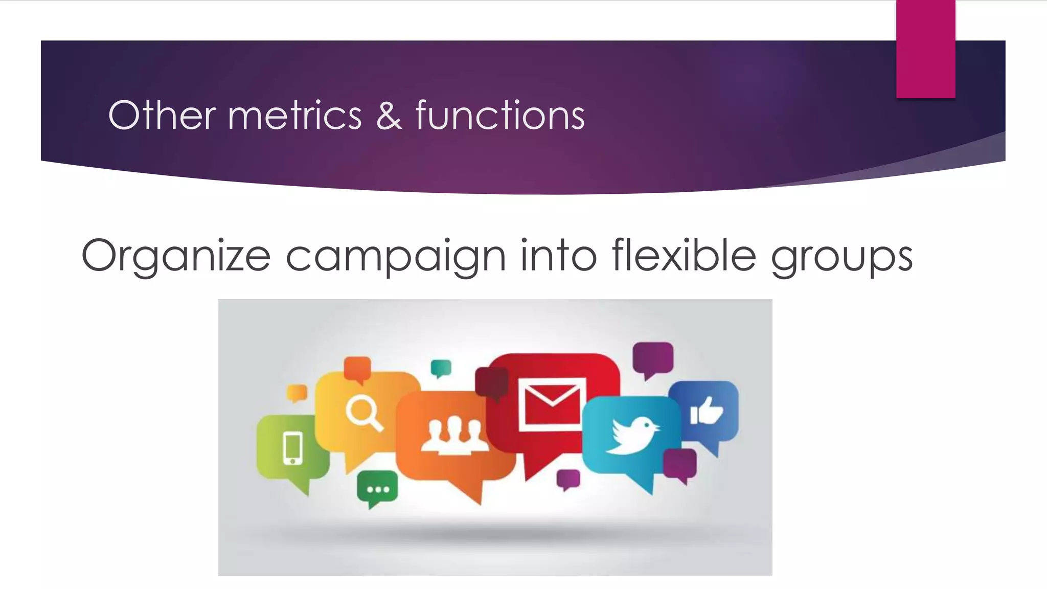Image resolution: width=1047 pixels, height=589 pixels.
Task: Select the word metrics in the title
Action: tap(294, 116)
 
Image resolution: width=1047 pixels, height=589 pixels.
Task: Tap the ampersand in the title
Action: tap(389, 116)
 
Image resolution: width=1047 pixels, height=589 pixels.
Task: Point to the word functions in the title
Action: tap(499, 116)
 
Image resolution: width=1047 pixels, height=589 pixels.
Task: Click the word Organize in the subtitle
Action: tap(175, 256)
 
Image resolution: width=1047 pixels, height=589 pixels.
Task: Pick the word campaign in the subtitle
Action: tap(395, 256)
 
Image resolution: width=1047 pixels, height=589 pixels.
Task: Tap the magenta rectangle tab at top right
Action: tap(925, 49)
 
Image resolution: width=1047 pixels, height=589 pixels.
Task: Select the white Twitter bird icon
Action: tap(632, 436)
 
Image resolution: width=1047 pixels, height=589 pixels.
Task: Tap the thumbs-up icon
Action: tap(707, 411)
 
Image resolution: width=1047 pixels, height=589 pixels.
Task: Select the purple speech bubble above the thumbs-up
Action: tap(653, 358)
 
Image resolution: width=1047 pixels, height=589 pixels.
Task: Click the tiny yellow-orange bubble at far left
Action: tap(297, 393)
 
